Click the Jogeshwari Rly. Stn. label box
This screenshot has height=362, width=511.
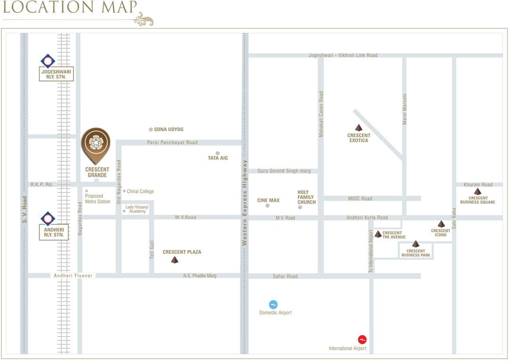(x=56, y=74)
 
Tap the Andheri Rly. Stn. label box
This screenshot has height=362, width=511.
(x=54, y=231)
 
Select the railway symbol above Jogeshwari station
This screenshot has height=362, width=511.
(x=48, y=61)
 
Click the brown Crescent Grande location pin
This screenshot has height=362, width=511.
(x=96, y=145)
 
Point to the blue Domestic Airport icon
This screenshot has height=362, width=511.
(x=273, y=304)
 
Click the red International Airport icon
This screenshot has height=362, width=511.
(x=362, y=339)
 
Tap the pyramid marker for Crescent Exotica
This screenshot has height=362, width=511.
(x=359, y=128)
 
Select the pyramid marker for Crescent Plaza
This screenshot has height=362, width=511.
(x=175, y=260)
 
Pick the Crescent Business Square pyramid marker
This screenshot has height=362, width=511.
(x=478, y=191)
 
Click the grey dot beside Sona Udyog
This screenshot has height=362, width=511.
(x=151, y=130)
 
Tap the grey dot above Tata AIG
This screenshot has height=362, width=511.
(x=218, y=153)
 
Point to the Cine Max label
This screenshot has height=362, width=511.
(x=268, y=200)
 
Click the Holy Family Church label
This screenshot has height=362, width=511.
(x=306, y=197)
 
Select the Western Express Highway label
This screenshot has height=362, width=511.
(x=244, y=203)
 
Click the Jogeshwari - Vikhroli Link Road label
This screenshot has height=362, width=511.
(x=343, y=55)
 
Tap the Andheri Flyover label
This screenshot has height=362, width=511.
(x=73, y=276)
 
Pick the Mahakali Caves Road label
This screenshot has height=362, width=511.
(x=321, y=115)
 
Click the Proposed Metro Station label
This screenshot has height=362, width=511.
(x=97, y=199)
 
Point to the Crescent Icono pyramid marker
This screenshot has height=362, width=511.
(x=441, y=224)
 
